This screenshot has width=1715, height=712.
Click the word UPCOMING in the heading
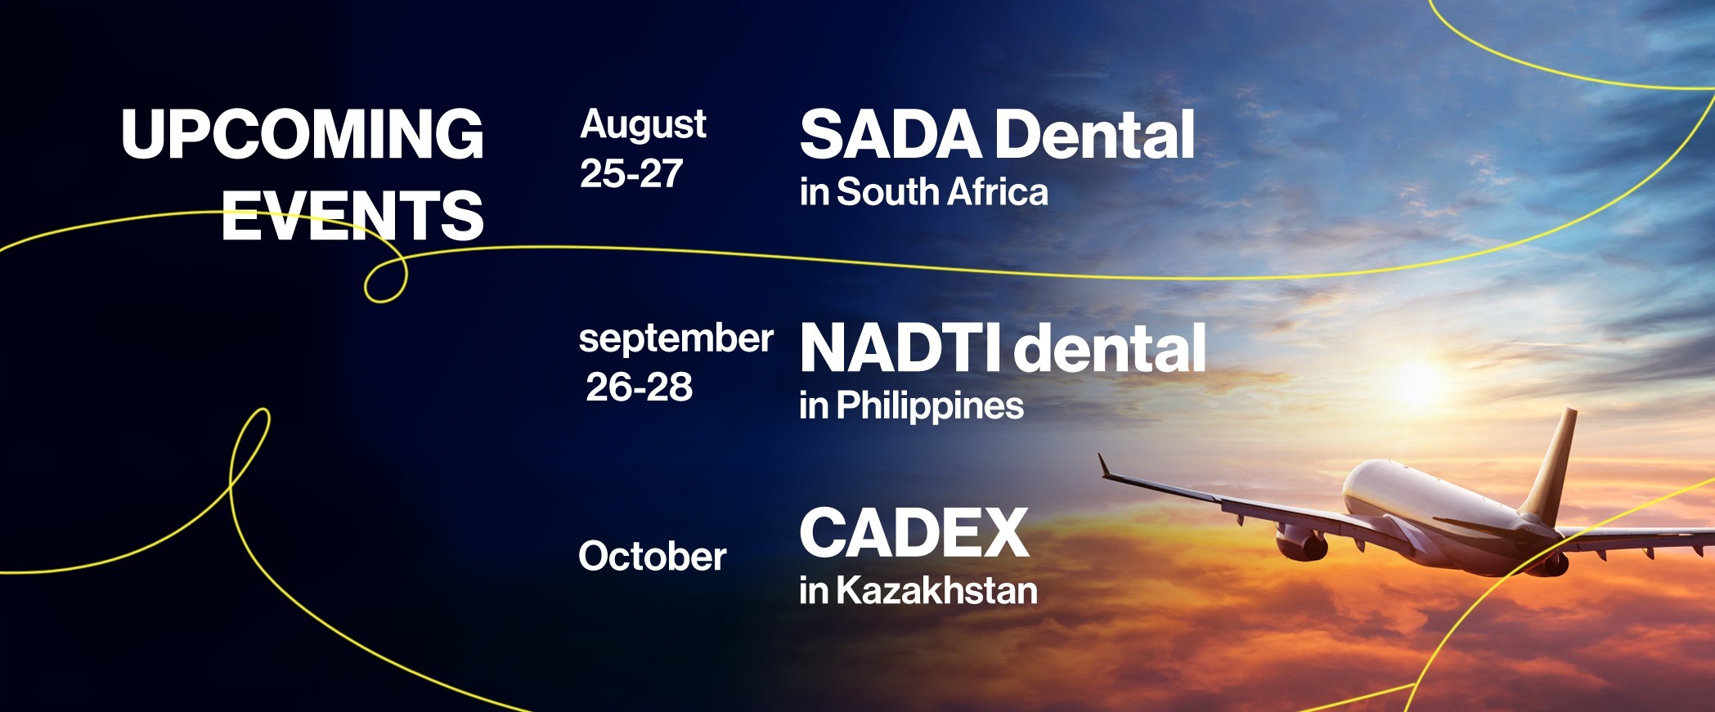(303, 134)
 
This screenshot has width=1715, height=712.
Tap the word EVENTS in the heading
(352, 215)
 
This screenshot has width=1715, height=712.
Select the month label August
(643, 126)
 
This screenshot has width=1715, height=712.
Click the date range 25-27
(631, 173)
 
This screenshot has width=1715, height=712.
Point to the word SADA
(891, 134)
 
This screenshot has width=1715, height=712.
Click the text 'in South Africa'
(924, 192)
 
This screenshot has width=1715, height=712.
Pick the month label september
(676, 339)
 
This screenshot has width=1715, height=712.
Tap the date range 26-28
(640, 387)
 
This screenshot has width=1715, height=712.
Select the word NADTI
(900, 348)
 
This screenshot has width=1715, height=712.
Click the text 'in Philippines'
(912, 405)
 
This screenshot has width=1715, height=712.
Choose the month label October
(653, 557)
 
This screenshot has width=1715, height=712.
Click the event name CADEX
(914, 533)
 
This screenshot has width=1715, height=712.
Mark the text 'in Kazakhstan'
(918, 590)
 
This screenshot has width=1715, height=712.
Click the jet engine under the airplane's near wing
(1302, 542)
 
